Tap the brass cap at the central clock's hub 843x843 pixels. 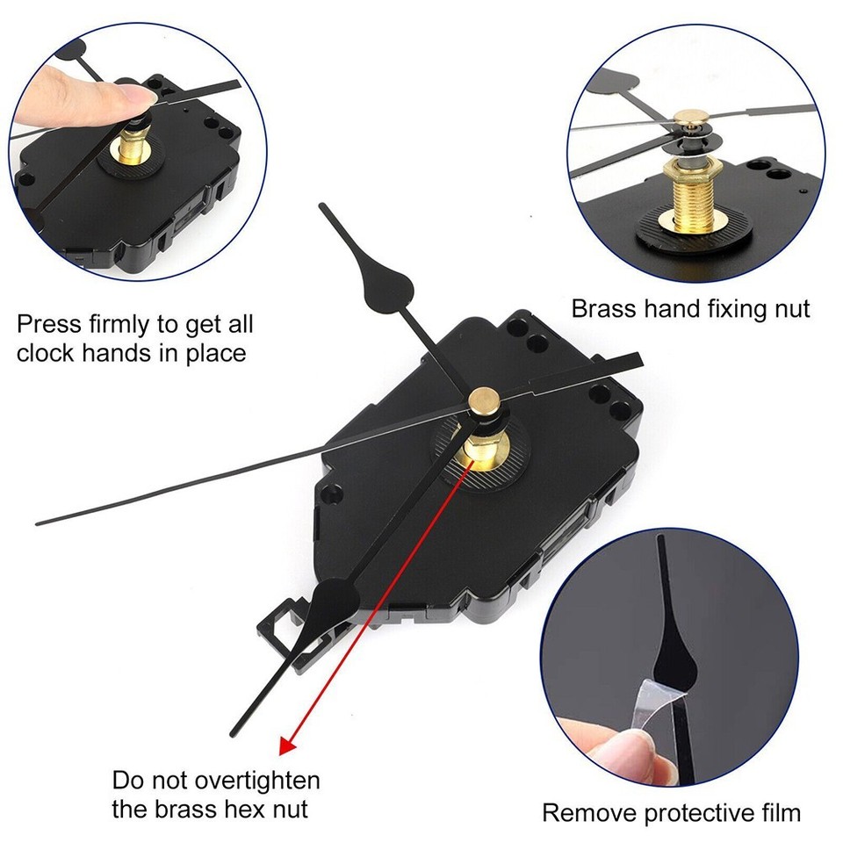coord(483,401)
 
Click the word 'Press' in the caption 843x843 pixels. coord(53,324)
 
